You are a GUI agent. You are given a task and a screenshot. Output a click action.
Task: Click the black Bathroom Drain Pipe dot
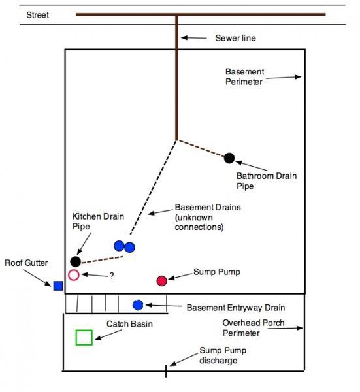tap(229, 157)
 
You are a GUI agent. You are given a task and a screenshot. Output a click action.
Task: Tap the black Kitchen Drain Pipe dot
tap(76, 262)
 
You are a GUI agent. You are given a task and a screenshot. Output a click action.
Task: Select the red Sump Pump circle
tap(162, 280)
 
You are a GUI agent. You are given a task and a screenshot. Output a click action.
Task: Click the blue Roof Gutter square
tap(58, 286)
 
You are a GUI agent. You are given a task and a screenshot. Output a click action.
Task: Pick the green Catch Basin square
tap(84, 337)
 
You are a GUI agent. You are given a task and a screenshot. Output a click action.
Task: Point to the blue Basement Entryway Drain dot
tap(138, 305)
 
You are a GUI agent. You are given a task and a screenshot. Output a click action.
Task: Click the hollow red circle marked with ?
tap(74, 275)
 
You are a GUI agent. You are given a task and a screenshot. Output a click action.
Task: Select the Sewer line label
tap(235, 38)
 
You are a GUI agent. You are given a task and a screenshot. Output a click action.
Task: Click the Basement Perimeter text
tap(244, 76)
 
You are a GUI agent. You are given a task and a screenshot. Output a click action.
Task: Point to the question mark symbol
tap(112, 276)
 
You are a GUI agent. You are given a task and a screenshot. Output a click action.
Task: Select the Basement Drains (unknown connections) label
tap(199, 217)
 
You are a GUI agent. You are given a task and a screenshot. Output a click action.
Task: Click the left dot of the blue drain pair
tap(119, 246)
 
